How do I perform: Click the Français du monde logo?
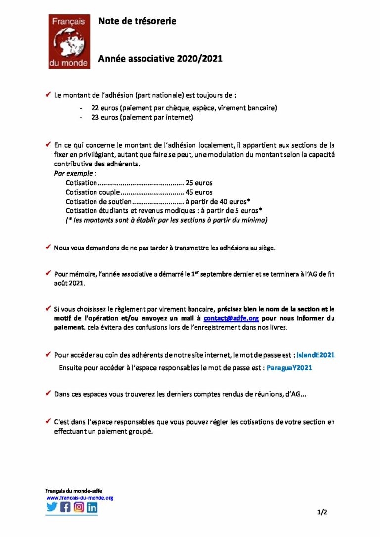[x=69, y=41]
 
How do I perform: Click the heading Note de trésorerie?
[x=137, y=21]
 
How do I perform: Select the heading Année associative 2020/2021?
[x=160, y=59]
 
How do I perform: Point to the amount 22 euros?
[x=101, y=108]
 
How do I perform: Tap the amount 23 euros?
[x=101, y=118]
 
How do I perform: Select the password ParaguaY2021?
[x=289, y=368]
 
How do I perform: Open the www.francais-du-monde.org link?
[x=80, y=498]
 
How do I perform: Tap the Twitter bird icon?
[x=52, y=507]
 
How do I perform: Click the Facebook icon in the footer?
[x=65, y=507]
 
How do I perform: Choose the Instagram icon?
[x=79, y=507]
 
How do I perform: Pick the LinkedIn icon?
[x=92, y=507]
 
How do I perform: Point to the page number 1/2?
[x=322, y=512]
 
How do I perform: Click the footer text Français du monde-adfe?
[x=67, y=491]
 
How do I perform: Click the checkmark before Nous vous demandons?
[x=48, y=247]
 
